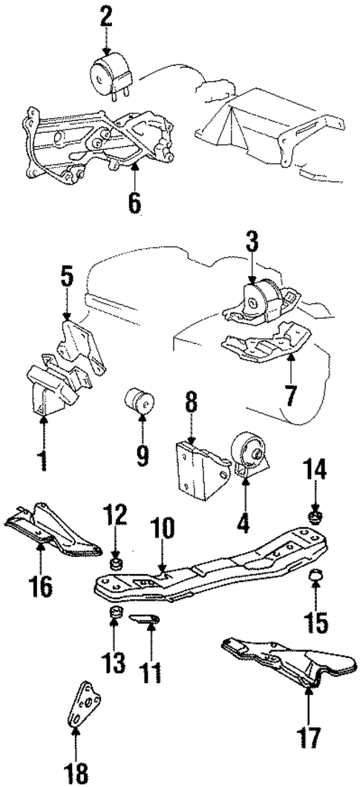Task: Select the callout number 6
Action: pyautogui.click(x=134, y=202)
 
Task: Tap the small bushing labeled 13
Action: pyautogui.click(x=116, y=613)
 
